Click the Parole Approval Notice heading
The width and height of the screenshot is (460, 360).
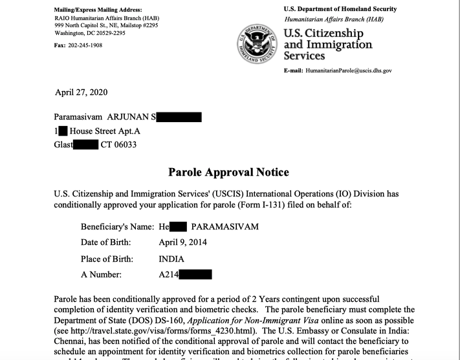[x=228, y=173]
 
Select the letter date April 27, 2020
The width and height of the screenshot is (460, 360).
[x=81, y=92]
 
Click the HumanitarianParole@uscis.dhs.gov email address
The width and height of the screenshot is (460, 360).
[x=349, y=70]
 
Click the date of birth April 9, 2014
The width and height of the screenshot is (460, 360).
[x=187, y=242]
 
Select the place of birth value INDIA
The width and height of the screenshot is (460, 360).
[x=171, y=259]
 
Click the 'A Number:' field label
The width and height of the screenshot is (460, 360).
[x=101, y=275]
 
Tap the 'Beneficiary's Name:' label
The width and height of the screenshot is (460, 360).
[x=116, y=227]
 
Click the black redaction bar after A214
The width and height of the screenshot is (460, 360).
[x=195, y=275]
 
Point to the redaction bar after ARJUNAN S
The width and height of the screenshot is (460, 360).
[x=179, y=117]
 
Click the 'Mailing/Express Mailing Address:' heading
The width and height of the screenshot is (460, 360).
[x=97, y=10]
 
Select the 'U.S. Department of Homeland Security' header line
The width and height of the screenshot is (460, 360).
[x=340, y=9]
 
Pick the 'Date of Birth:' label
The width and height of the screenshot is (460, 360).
[x=105, y=242]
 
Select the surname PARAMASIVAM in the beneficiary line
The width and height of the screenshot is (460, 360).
[x=226, y=227]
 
